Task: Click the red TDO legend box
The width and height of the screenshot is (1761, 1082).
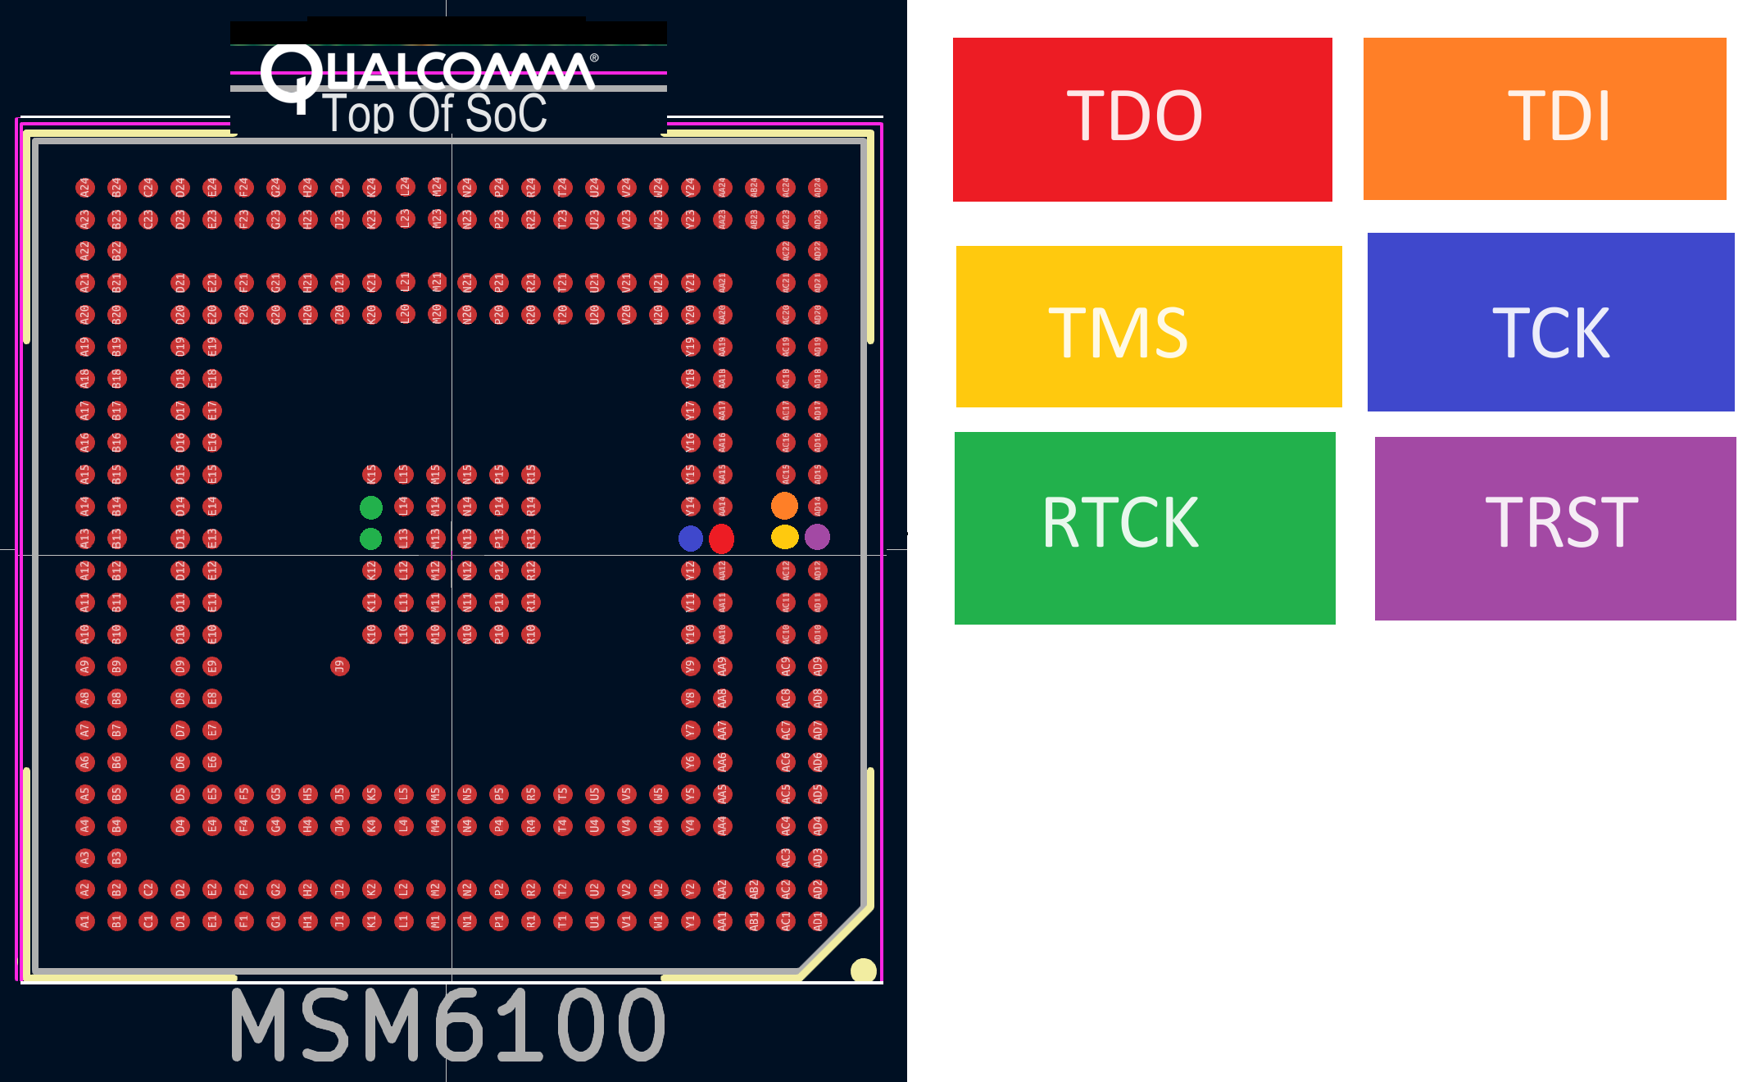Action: click(1141, 120)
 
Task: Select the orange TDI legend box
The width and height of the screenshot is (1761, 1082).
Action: click(1544, 119)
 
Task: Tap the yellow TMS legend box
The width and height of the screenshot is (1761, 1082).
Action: click(1148, 326)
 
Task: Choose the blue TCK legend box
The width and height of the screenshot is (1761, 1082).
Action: click(1550, 322)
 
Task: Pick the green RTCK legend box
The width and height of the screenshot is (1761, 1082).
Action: click(1144, 528)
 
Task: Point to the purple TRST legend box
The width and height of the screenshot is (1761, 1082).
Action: click(1554, 528)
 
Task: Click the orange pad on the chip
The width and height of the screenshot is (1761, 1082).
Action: click(784, 506)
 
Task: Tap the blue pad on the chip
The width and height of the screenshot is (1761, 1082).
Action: click(691, 539)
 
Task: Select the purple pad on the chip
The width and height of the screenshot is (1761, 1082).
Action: click(817, 537)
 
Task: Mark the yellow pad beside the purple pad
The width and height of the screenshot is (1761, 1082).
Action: click(784, 537)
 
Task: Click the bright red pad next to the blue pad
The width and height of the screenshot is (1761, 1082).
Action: click(721, 539)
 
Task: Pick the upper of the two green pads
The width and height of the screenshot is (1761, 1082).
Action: click(371, 507)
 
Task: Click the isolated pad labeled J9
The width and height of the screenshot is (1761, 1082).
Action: click(340, 666)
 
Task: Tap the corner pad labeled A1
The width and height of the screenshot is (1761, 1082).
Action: click(84, 921)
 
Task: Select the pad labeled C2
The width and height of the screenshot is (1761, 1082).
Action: click(148, 889)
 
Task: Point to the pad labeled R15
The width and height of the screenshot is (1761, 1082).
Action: click(531, 475)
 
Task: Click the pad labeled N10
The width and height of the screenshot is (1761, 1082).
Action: click(467, 634)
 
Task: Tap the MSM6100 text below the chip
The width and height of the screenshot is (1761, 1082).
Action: click(447, 1025)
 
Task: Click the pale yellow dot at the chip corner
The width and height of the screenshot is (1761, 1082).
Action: click(863, 971)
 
